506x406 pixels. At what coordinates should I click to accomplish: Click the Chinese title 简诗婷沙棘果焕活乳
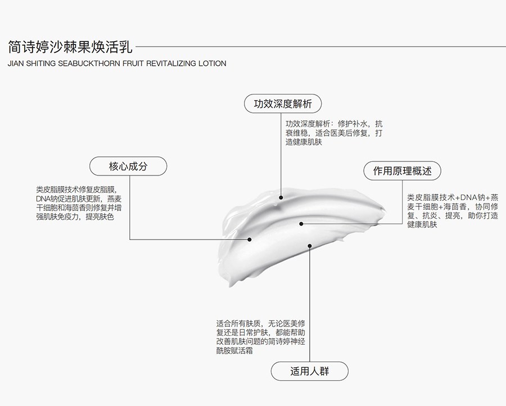[70, 47]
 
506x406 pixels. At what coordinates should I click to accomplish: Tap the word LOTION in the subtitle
[213, 63]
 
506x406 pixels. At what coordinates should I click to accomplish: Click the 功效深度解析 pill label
[283, 103]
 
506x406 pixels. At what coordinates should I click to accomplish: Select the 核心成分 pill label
[128, 166]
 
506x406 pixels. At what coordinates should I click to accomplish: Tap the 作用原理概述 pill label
[402, 171]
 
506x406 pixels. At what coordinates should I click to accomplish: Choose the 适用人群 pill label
[309, 371]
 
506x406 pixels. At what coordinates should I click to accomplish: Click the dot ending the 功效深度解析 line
[281, 197]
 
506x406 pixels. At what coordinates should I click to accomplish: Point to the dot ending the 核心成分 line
[250, 240]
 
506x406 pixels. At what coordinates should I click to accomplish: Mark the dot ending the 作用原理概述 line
[301, 224]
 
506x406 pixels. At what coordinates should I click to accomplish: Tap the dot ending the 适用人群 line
[309, 246]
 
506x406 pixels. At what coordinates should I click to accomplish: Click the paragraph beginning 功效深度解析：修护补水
[334, 133]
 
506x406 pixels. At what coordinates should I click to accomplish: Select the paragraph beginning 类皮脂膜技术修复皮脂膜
[79, 203]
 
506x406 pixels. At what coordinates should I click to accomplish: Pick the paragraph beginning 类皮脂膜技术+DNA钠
[453, 211]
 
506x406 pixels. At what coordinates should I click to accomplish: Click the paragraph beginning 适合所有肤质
[261, 337]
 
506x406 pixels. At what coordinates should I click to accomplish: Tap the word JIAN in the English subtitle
[16, 63]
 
